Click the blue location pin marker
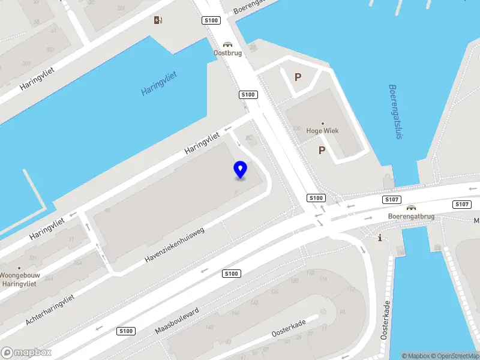(240, 170)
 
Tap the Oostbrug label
(227, 52)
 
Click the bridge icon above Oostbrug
(227, 44)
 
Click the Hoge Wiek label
(323, 131)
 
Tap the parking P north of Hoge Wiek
(298, 77)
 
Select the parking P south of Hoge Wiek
(322, 151)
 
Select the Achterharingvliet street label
(50, 310)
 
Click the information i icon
(380, 238)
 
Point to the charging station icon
(158, 20)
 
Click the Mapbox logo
(26, 352)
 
